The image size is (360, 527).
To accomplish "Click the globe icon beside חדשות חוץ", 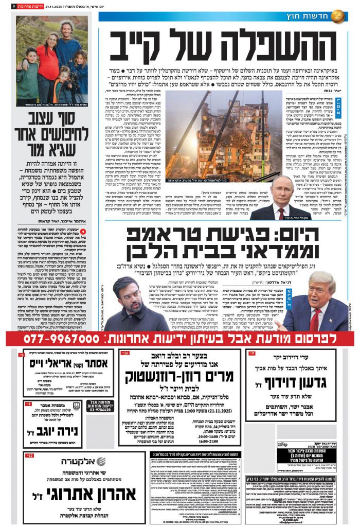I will tap(337, 15).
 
